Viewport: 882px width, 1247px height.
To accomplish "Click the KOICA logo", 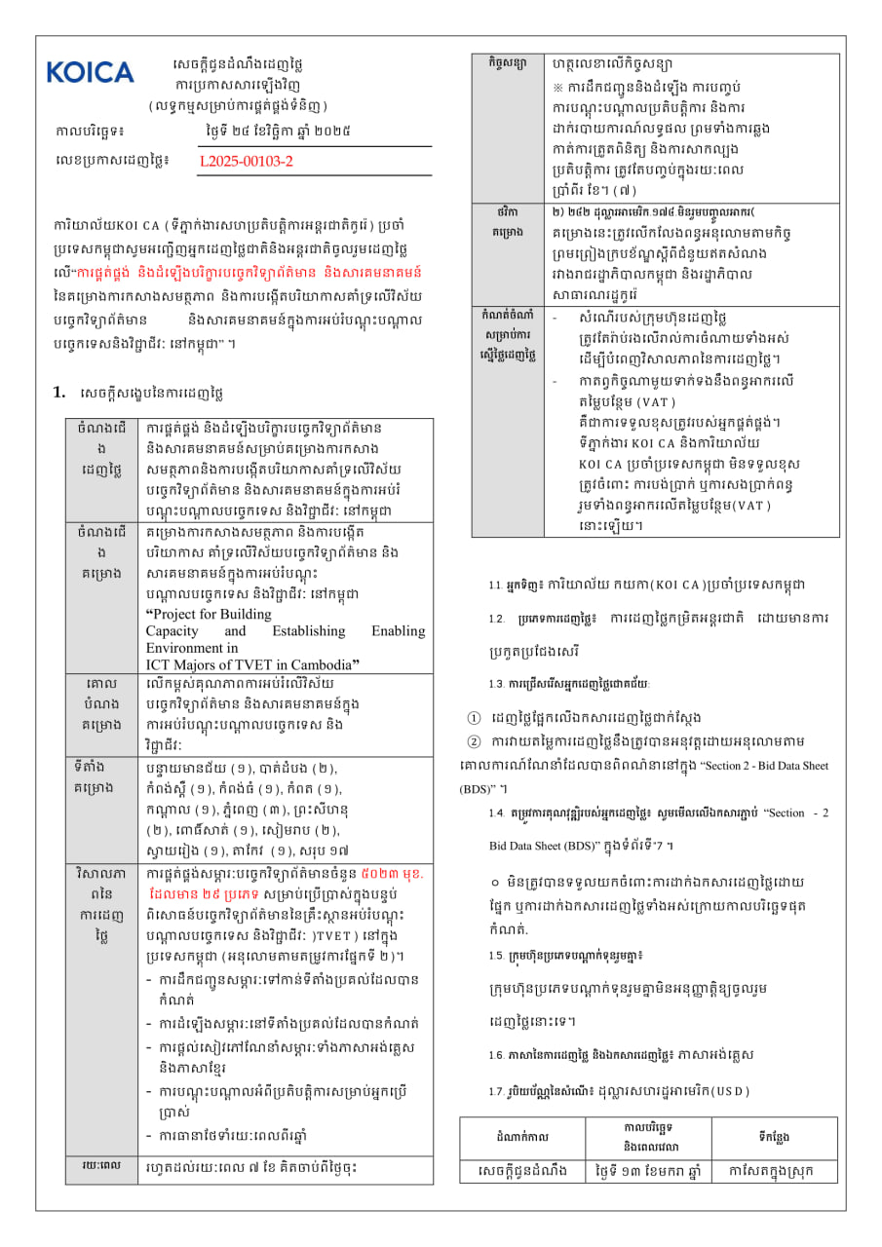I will point(90,72).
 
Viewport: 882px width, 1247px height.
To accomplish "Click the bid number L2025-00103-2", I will point(246,161).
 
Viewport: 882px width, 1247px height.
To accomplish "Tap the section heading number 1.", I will point(58,392).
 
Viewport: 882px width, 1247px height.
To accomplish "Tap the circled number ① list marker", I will point(475,718).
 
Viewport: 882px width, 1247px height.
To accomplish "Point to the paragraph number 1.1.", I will point(495,586).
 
